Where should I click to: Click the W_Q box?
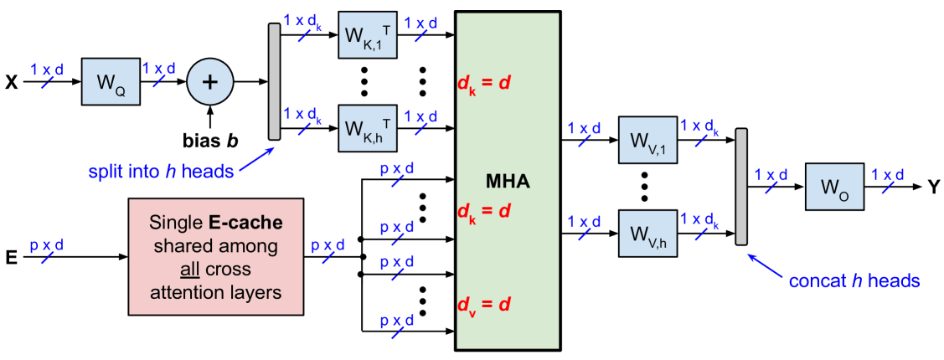tap(111, 82)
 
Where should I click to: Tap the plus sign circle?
tap(209, 82)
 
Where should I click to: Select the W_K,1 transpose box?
tap(367, 35)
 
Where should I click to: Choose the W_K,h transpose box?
tap(367, 128)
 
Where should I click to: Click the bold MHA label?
tap(508, 181)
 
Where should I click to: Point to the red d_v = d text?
tap(483, 304)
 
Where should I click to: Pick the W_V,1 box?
tap(647, 140)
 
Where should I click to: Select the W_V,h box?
tap(647, 234)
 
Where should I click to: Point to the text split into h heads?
tap(162, 172)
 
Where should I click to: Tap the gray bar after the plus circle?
tap(274, 81)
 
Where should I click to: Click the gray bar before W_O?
tap(740, 187)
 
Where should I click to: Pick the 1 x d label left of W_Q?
tap(47, 70)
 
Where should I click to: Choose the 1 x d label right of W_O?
tap(887, 175)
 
